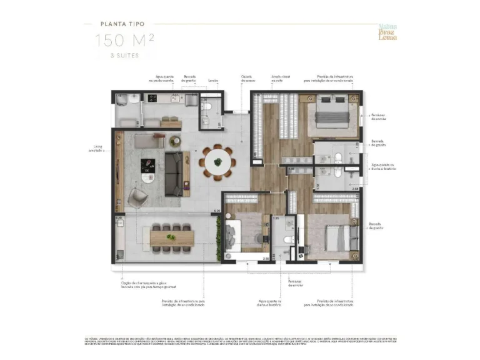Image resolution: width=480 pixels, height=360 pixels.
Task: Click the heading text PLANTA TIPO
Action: [122, 25]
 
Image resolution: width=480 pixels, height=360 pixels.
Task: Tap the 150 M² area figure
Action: [124, 41]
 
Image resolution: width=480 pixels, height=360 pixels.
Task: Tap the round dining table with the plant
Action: [217, 162]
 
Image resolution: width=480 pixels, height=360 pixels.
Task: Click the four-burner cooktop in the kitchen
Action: [152, 98]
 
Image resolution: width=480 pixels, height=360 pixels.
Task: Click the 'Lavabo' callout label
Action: [213, 80]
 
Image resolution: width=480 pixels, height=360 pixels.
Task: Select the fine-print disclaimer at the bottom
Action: [240, 341]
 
